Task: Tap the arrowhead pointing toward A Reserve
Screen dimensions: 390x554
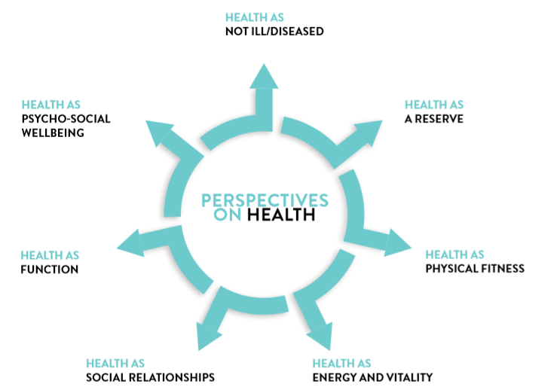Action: (x=365, y=133)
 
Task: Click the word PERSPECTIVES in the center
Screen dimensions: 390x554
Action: (x=265, y=201)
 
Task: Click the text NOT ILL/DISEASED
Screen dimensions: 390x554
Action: (x=274, y=32)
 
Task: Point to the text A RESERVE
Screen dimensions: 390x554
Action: (x=433, y=119)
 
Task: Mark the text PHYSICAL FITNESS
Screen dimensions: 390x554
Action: (x=475, y=269)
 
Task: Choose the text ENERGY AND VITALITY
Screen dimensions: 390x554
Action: (x=372, y=377)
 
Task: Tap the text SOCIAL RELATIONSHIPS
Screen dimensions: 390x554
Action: (x=151, y=377)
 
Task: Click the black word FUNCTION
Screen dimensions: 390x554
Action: (x=50, y=269)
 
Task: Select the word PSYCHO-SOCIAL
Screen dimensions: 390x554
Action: (x=66, y=119)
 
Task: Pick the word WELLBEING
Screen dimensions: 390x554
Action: (x=52, y=133)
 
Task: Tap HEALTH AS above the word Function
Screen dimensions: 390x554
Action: (x=50, y=255)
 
